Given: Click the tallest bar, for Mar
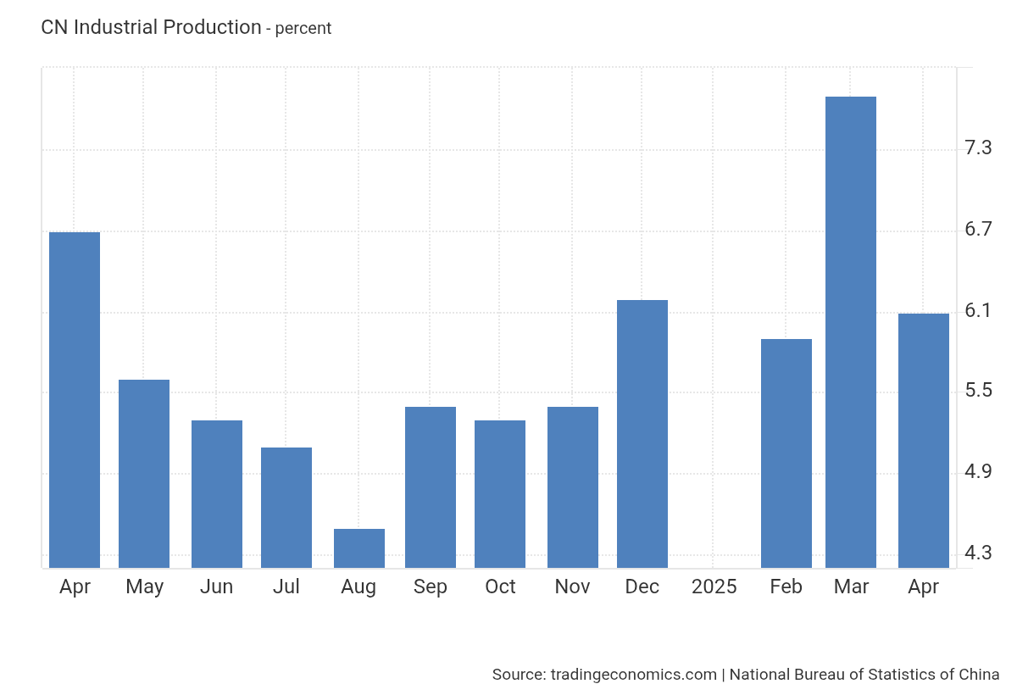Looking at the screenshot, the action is pos(851,332).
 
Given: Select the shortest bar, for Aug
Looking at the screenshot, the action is pos(359,548).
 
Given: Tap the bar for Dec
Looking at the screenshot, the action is pos(642,434).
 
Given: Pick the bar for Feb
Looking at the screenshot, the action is pos(786,453).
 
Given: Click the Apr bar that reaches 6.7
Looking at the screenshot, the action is pos(75,400).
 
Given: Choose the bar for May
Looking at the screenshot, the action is pos(144,474).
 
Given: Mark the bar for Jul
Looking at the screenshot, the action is pos(286,508).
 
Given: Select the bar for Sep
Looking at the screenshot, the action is pos(431,487).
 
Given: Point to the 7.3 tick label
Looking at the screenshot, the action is pos(978,148).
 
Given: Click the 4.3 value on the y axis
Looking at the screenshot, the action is pos(978,553).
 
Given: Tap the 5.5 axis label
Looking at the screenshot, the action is pos(978,391).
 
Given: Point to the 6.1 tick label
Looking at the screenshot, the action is pos(978,310).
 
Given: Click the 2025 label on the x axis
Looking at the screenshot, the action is pos(714,587).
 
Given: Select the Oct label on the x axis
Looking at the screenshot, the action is pos(500,587).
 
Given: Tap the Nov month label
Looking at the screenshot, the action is pos(572,587).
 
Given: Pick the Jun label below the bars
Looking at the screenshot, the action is pos(217,587).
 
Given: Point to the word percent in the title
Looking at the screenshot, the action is pos(303,29).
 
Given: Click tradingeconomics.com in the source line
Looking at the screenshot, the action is pos(634,675).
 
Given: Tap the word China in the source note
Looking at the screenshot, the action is pos(979,674).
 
